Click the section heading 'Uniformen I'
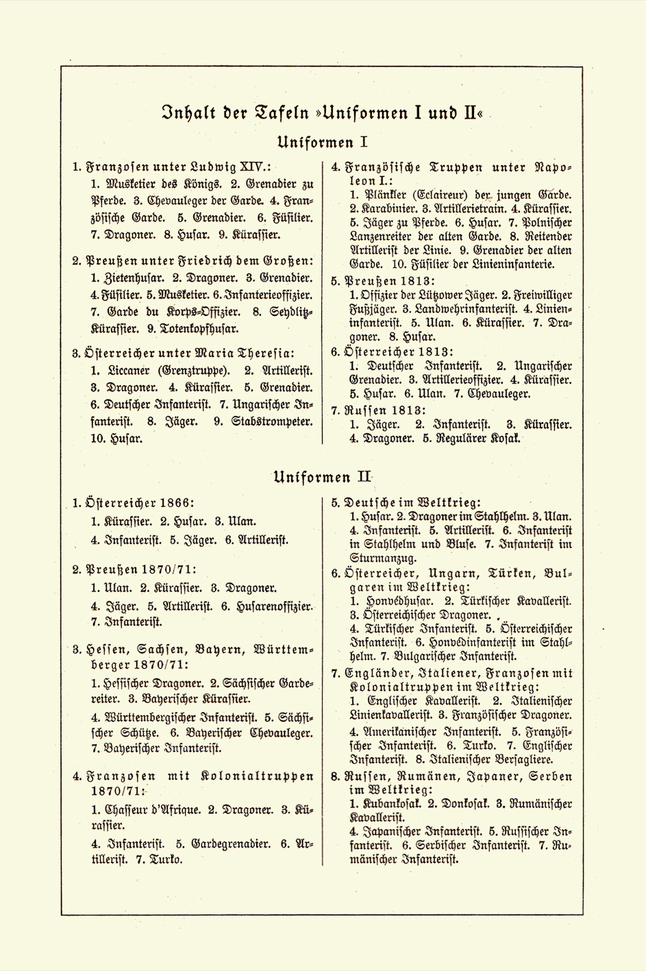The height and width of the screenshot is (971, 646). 323,143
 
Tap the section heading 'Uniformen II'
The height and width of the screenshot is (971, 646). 322,476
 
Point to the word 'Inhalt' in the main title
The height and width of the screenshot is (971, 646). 183,111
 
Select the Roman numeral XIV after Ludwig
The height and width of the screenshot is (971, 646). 254,167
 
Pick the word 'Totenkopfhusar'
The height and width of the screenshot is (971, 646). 196,328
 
